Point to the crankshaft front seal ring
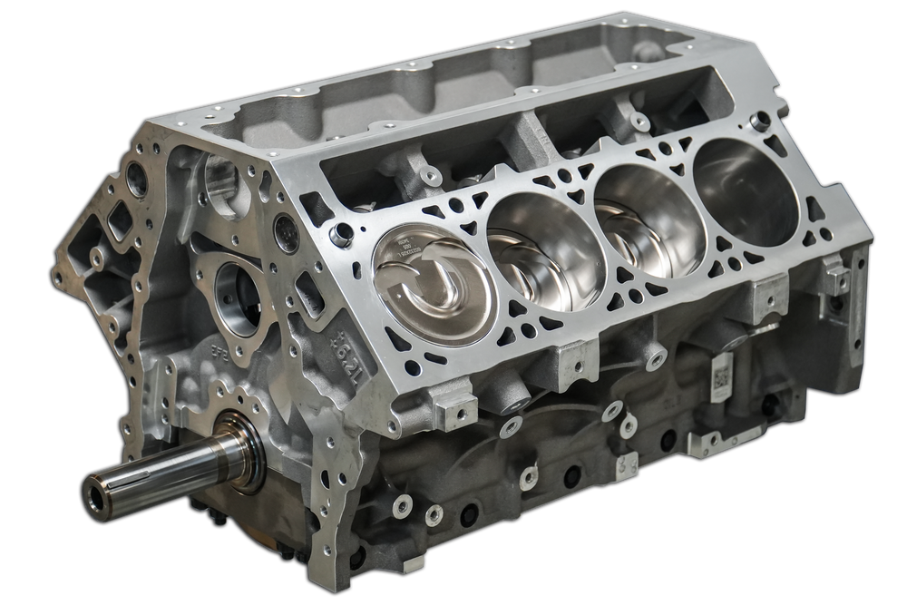pos(243,447)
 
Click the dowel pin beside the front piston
pos(342,235)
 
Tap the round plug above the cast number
pos(286,232)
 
